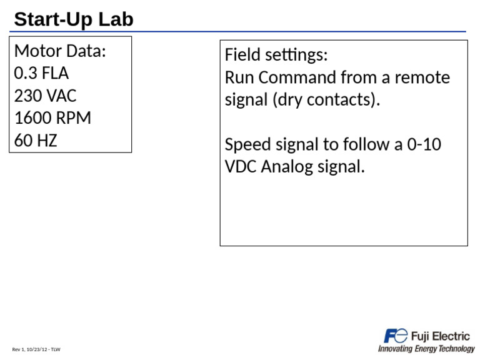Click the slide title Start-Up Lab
(x=74, y=19)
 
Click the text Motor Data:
(x=60, y=51)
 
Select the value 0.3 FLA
(x=41, y=74)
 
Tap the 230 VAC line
(x=45, y=96)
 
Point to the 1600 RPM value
(x=52, y=118)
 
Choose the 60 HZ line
(x=36, y=141)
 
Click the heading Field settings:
(x=276, y=55)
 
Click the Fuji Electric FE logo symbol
(x=396, y=336)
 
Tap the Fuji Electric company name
(x=440, y=336)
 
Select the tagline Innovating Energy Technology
(x=426, y=349)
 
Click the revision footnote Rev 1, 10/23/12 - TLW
(x=36, y=349)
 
